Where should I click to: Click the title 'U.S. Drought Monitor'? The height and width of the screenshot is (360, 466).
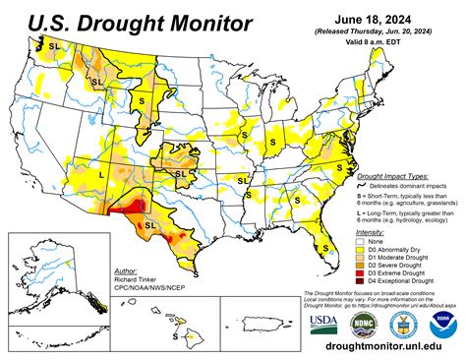(127, 23)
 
